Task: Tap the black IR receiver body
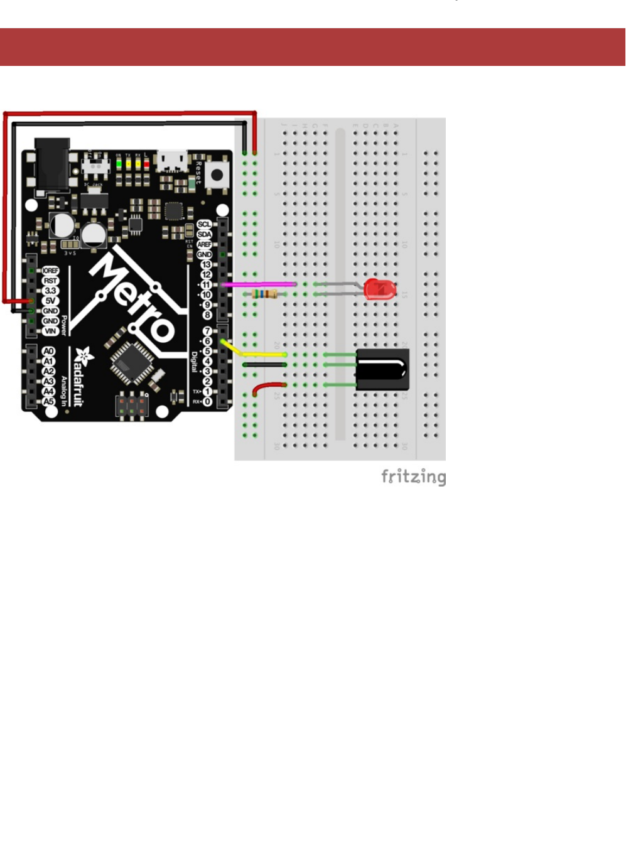pyautogui.click(x=382, y=369)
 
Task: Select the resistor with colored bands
pyautogui.click(x=264, y=294)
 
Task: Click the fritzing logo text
pyautogui.click(x=413, y=477)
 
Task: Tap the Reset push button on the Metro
pyautogui.click(x=217, y=174)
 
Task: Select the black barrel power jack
pyautogui.click(x=53, y=164)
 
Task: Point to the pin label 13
pyautogui.click(x=206, y=264)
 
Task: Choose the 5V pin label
pyautogui.click(x=50, y=301)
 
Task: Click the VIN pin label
pyautogui.click(x=50, y=331)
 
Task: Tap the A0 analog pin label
pyautogui.click(x=48, y=352)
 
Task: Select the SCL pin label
pyautogui.click(x=204, y=224)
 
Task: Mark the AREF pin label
pyautogui.click(x=204, y=244)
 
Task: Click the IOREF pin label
pyautogui.click(x=50, y=271)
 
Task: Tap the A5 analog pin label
pyautogui.click(x=48, y=402)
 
